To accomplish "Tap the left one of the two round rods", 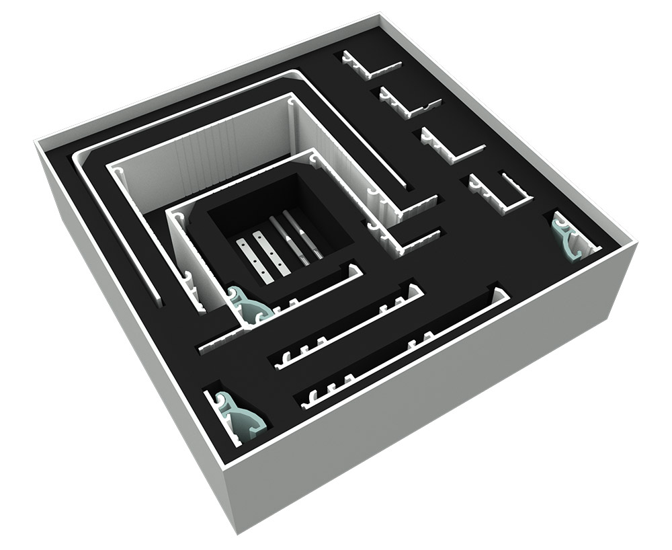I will (x=288, y=239).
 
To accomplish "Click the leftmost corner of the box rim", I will (x=37, y=141).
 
